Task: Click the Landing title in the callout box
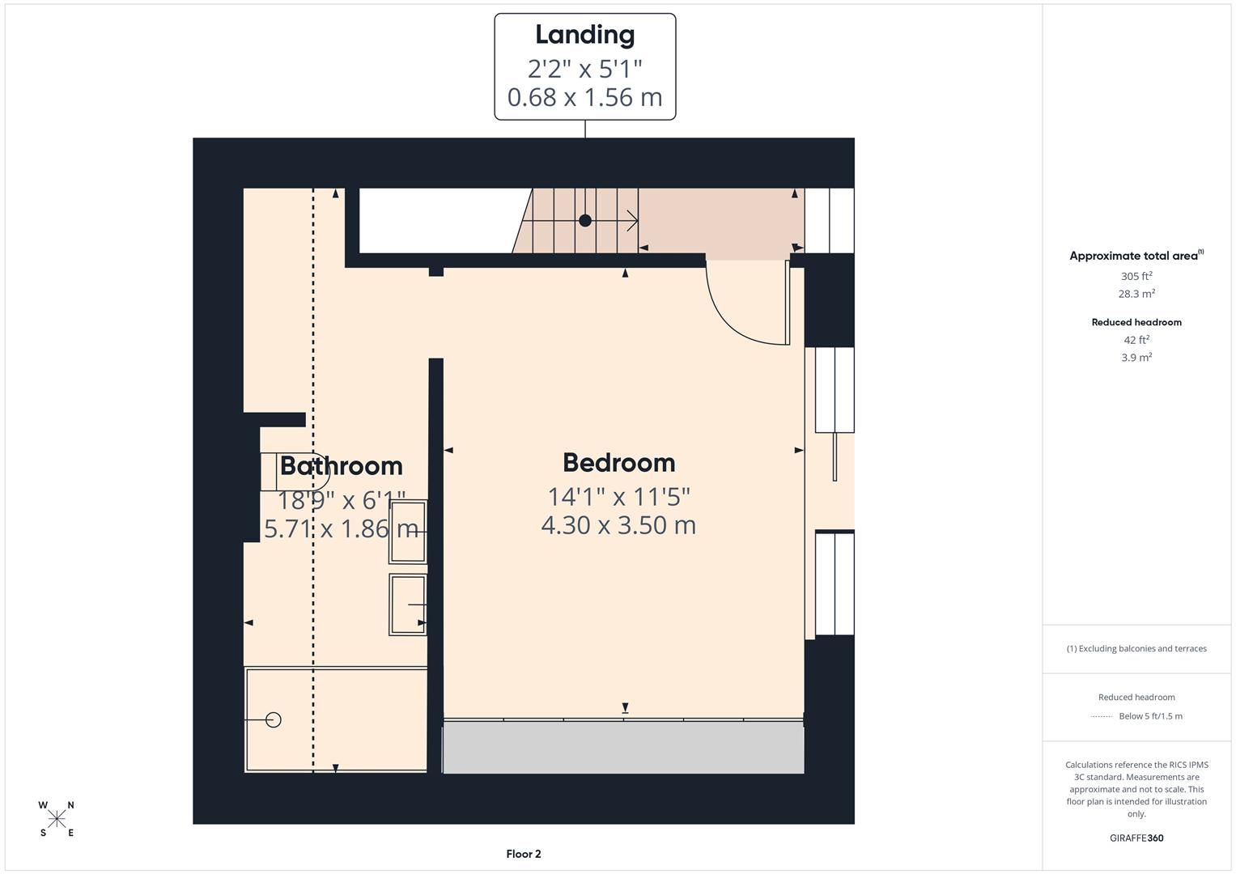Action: (584, 35)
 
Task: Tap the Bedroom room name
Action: (618, 463)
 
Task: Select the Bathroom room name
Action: (341, 466)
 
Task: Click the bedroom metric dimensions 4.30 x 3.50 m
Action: (618, 525)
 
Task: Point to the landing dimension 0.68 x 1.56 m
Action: (584, 97)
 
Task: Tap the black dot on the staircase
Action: (585, 220)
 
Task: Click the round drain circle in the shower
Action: (274, 719)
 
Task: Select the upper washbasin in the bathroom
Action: (407, 532)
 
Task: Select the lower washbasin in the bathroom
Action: (407, 605)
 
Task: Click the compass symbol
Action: (57, 819)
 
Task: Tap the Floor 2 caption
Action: (524, 854)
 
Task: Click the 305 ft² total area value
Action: (1136, 276)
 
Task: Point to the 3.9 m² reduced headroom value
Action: (1136, 358)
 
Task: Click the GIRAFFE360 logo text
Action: (1136, 838)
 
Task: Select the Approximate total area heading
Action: (1133, 256)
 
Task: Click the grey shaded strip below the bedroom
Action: (623, 748)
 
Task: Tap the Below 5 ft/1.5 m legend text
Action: (1150, 716)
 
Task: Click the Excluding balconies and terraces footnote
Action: (1136, 648)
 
